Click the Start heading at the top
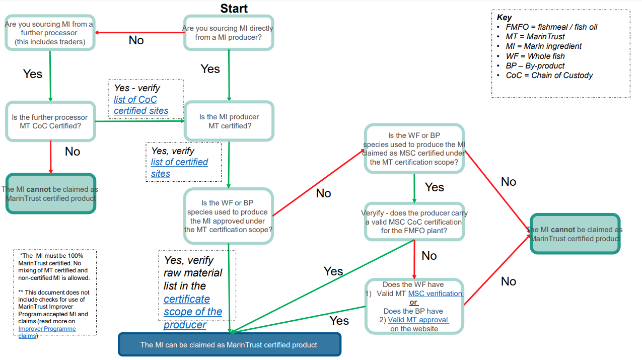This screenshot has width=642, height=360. [234, 8]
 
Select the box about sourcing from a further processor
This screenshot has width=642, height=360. [50, 33]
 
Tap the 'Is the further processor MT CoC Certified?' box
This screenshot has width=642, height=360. [50, 121]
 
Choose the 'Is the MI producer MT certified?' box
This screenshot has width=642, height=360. [229, 121]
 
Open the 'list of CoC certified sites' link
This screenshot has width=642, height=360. [140, 105]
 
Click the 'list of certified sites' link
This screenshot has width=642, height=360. [179, 168]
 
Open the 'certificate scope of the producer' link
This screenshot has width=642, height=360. [192, 312]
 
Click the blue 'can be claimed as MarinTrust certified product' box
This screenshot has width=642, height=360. [229, 345]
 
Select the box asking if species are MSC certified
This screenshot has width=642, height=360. [414, 149]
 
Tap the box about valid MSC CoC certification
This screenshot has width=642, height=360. [414, 222]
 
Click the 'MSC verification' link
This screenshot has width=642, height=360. [435, 294]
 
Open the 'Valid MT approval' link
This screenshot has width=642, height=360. [418, 320]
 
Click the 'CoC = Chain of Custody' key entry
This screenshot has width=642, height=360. [549, 76]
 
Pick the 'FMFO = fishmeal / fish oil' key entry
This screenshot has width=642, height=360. [551, 27]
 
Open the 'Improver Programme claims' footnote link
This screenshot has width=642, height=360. [47, 332]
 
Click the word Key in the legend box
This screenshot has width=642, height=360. [504, 17]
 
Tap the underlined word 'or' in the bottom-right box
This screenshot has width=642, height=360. [413, 303]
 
